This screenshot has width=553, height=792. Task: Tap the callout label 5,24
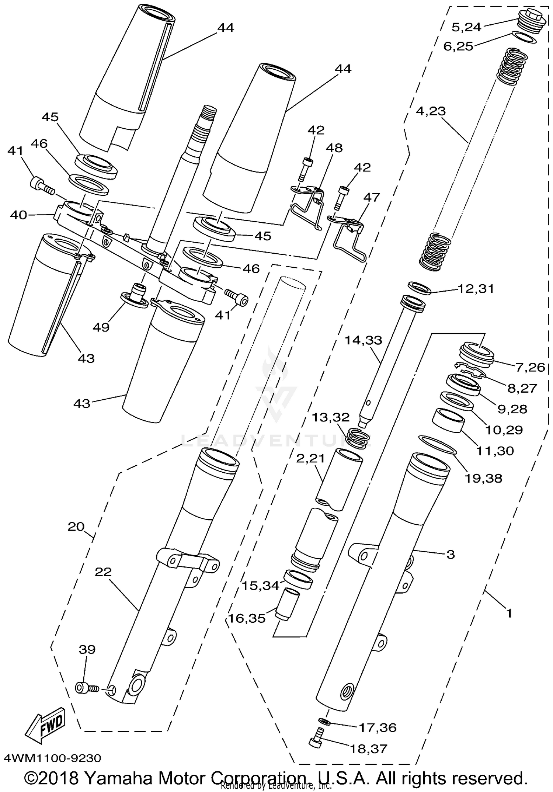pos(466,27)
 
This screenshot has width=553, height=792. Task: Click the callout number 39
pos(87,649)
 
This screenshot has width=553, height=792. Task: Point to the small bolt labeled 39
pos(86,688)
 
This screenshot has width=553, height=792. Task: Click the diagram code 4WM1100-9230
pos(52,758)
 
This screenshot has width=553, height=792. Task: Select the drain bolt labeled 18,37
pos(316,742)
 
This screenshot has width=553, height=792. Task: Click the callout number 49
pos(101,327)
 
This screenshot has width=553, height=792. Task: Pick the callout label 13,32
pos(331,417)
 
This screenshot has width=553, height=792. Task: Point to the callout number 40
pos(18,215)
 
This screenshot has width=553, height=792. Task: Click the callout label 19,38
pos(483,478)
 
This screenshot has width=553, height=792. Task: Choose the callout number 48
pos(334,148)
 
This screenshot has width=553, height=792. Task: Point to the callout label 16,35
pos(247,618)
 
